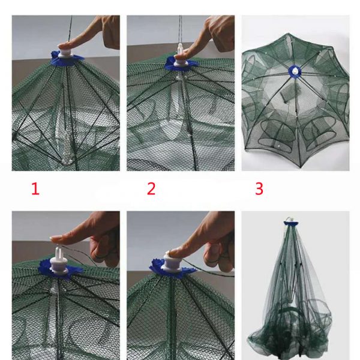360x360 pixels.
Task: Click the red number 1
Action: [35, 190]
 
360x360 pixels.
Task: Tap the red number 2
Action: [151, 190]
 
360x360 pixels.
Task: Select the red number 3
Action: [259, 190]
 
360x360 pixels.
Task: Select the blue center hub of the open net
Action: [295, 71]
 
